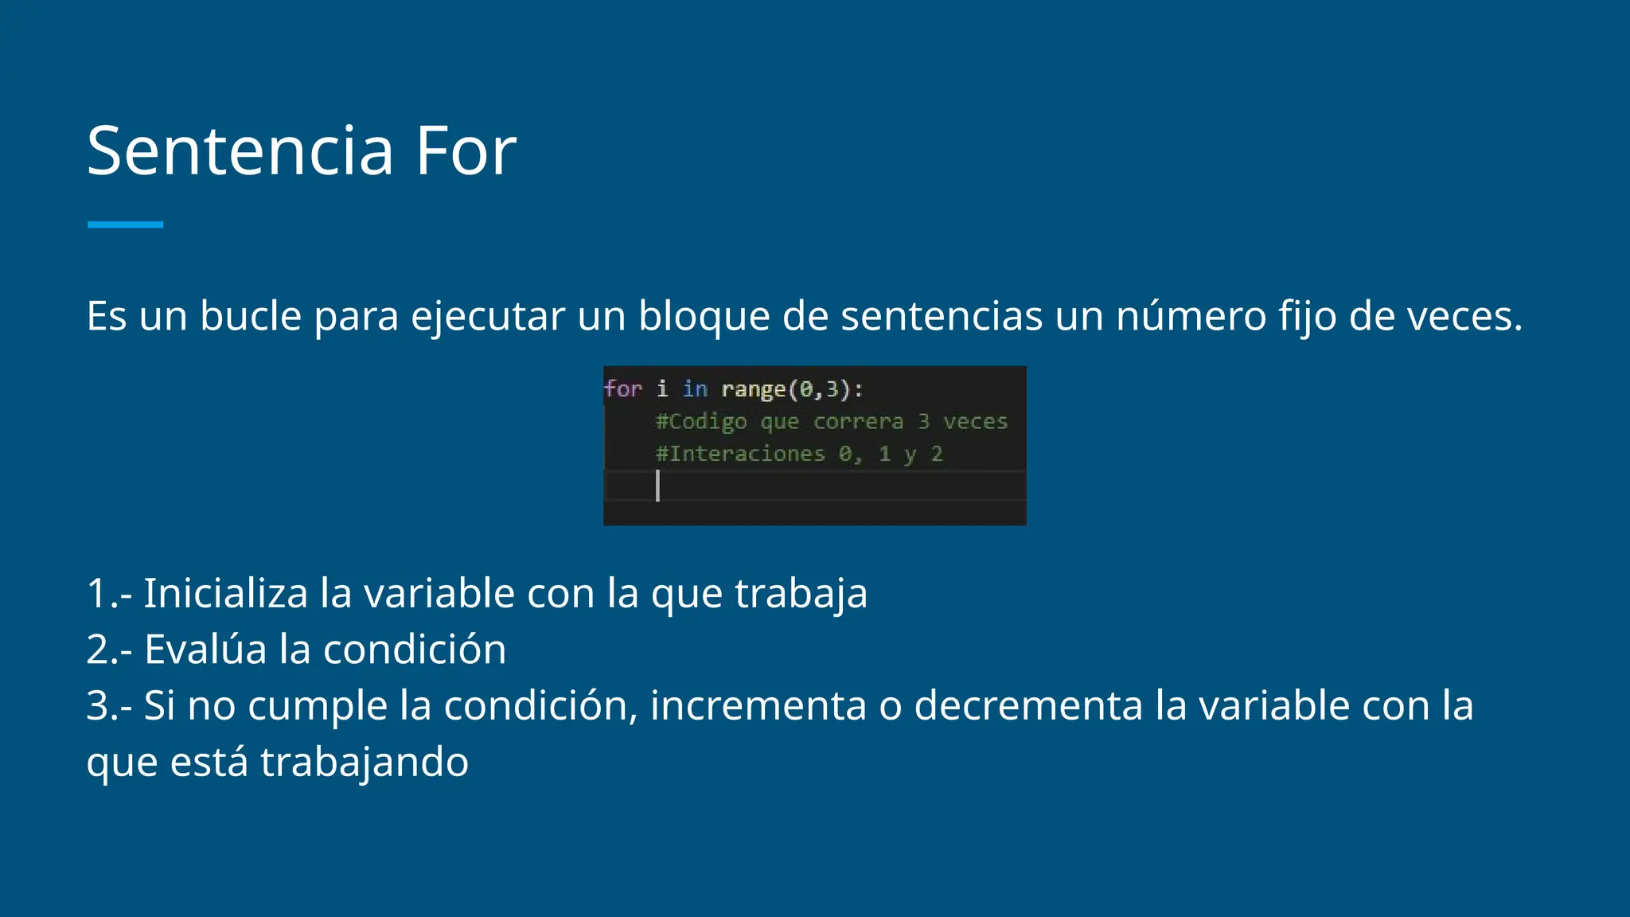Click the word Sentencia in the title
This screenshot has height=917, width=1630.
click(x=240, y=151)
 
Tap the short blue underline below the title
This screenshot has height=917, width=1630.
click(x=125, y=225)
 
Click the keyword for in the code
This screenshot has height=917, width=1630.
click(x=622, y=389)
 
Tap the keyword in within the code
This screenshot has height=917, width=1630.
click(x=694, y=389)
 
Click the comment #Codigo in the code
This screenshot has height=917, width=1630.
click(x=700, y=422)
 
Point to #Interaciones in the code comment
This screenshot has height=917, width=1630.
click(x=739, y=455)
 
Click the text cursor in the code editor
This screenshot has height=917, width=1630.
click(x=657, y=486)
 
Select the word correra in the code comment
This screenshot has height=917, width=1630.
click(x=858, y=422)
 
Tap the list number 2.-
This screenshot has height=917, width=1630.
click(x=109, y=650)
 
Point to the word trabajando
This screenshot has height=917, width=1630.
click(x=365, y=763)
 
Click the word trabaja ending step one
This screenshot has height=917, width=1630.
click(x=801, y=594)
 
